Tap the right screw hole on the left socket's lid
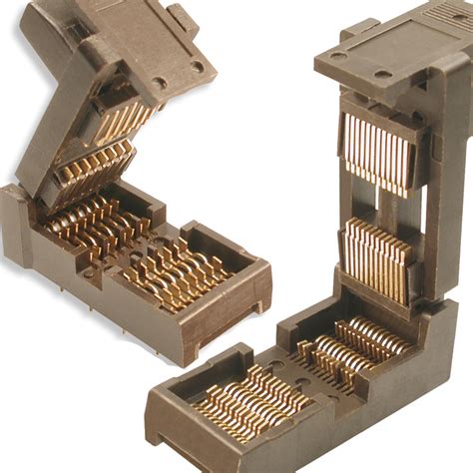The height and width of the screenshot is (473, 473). [x=198, y=66]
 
